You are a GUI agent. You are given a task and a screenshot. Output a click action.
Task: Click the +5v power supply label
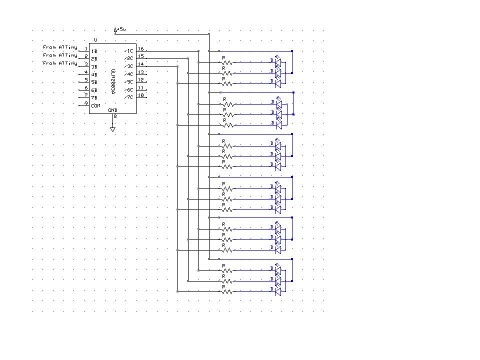(121, 30)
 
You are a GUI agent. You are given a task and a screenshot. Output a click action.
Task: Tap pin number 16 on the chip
(140, 49)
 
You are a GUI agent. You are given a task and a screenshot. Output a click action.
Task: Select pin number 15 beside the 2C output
(140, 56)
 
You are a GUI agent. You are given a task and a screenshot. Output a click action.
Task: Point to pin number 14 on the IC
(140, 64)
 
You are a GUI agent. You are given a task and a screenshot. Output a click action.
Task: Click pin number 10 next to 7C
(140, 95)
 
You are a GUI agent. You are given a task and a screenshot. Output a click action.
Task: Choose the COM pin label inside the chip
(95, 105)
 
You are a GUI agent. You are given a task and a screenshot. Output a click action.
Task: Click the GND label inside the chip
(112, 110)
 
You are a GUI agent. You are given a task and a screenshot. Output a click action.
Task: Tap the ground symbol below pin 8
(112, 129)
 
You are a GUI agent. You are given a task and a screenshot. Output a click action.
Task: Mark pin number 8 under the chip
(115, 117)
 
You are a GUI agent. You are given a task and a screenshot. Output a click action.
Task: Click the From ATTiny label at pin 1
(60, 47)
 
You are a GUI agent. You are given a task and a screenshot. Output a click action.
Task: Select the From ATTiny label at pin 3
(60, 63)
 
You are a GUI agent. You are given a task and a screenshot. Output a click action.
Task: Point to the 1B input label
(94, 51)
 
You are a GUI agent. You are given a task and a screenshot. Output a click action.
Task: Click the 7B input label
(94, 97)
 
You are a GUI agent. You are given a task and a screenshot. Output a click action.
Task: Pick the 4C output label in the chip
(129, 74)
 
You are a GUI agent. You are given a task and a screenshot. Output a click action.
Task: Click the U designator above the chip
(95, 39)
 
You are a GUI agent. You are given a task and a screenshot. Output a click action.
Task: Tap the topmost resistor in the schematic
(227, 63)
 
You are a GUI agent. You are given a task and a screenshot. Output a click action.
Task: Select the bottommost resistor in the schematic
(227, 291)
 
